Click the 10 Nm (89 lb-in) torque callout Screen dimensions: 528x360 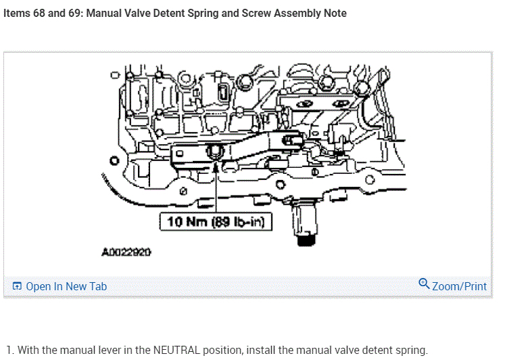click(216, 221)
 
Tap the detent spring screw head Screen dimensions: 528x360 click(215, 150)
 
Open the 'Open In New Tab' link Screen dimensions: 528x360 click(66, 286)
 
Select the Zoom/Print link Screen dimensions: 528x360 click(459, 286)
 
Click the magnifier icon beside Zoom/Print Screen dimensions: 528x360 click(424, 284)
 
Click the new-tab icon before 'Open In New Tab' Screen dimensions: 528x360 click(18, 286)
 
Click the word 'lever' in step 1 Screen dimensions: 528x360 click(126, 350)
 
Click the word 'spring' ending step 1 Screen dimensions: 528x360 click(411, 350)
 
